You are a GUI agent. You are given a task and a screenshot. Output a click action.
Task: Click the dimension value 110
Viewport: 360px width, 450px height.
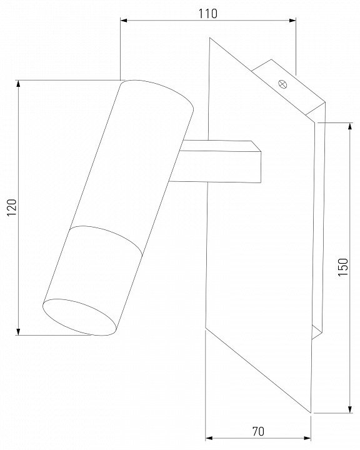[208, 14]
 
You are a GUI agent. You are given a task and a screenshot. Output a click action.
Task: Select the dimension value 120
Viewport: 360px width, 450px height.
[12, 207]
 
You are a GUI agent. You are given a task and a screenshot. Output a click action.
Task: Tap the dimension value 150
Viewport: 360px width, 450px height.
[342, 267]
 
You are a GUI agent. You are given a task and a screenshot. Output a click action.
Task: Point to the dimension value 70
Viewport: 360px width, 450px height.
[258, 431]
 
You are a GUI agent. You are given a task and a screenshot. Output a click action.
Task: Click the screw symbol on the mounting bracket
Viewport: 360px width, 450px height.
[282, 84]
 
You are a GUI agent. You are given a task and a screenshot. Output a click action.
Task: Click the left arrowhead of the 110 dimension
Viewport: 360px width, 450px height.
[124, 21]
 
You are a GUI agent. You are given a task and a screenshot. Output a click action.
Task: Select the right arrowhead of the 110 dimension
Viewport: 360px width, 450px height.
[292, 21]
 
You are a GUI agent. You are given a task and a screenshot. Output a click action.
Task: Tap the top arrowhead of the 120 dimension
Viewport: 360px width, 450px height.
[18, 84]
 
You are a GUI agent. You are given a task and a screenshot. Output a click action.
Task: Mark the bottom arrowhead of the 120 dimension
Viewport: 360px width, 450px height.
[18, 331]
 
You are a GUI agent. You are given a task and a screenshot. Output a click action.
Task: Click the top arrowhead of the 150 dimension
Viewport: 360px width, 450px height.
[349, 126]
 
